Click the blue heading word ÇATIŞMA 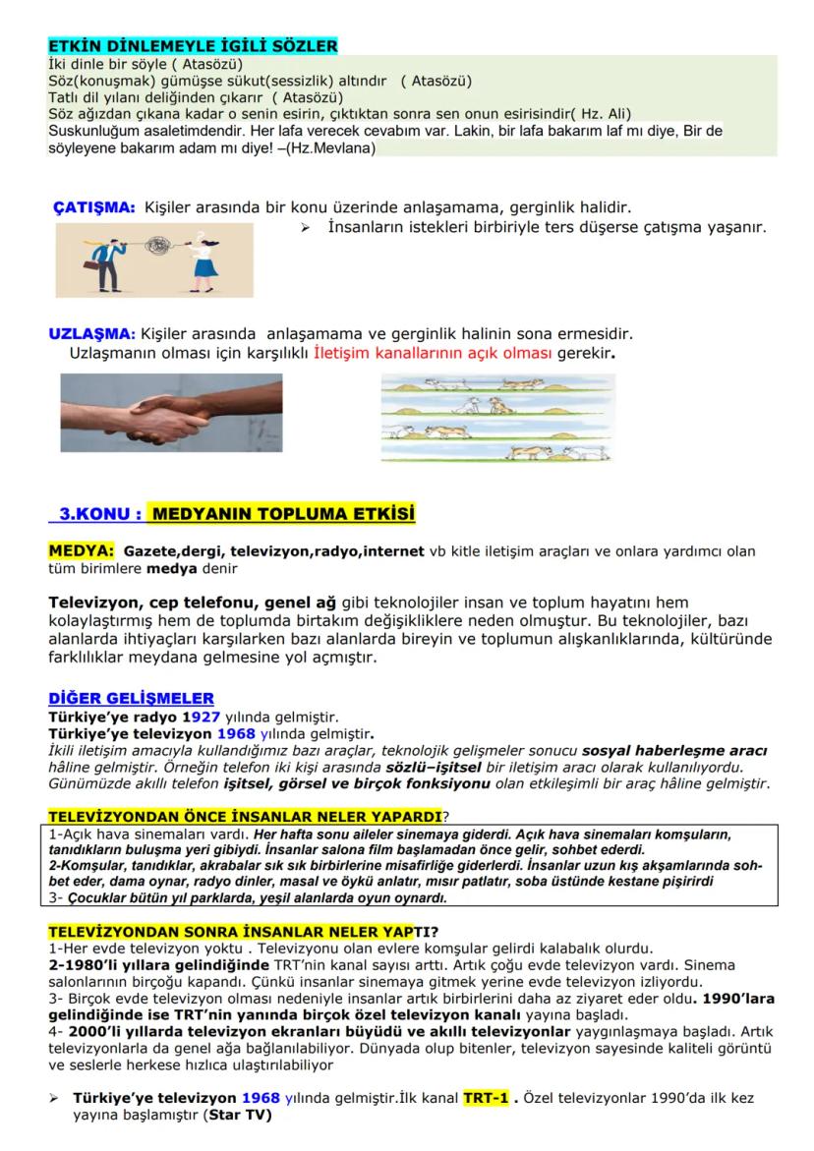93,207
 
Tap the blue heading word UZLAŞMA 91,333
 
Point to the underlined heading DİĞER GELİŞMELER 131,699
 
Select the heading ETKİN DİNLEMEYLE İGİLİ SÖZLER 193,45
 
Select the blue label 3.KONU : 97,514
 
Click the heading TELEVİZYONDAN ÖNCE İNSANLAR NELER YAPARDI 245,817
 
